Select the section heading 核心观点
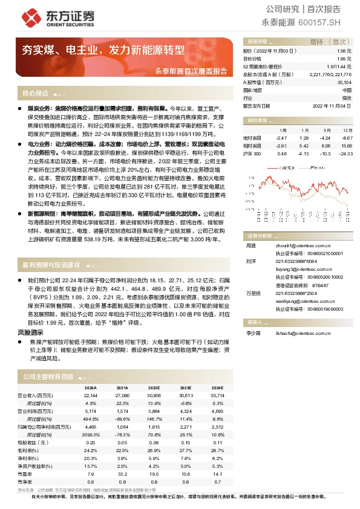point(35,93)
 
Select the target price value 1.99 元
point(343,59)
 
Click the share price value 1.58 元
point(343,52)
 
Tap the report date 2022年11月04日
point(332,105)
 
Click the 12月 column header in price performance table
point(347,130)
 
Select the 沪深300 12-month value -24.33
point(345,154)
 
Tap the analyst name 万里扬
point(252,293)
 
